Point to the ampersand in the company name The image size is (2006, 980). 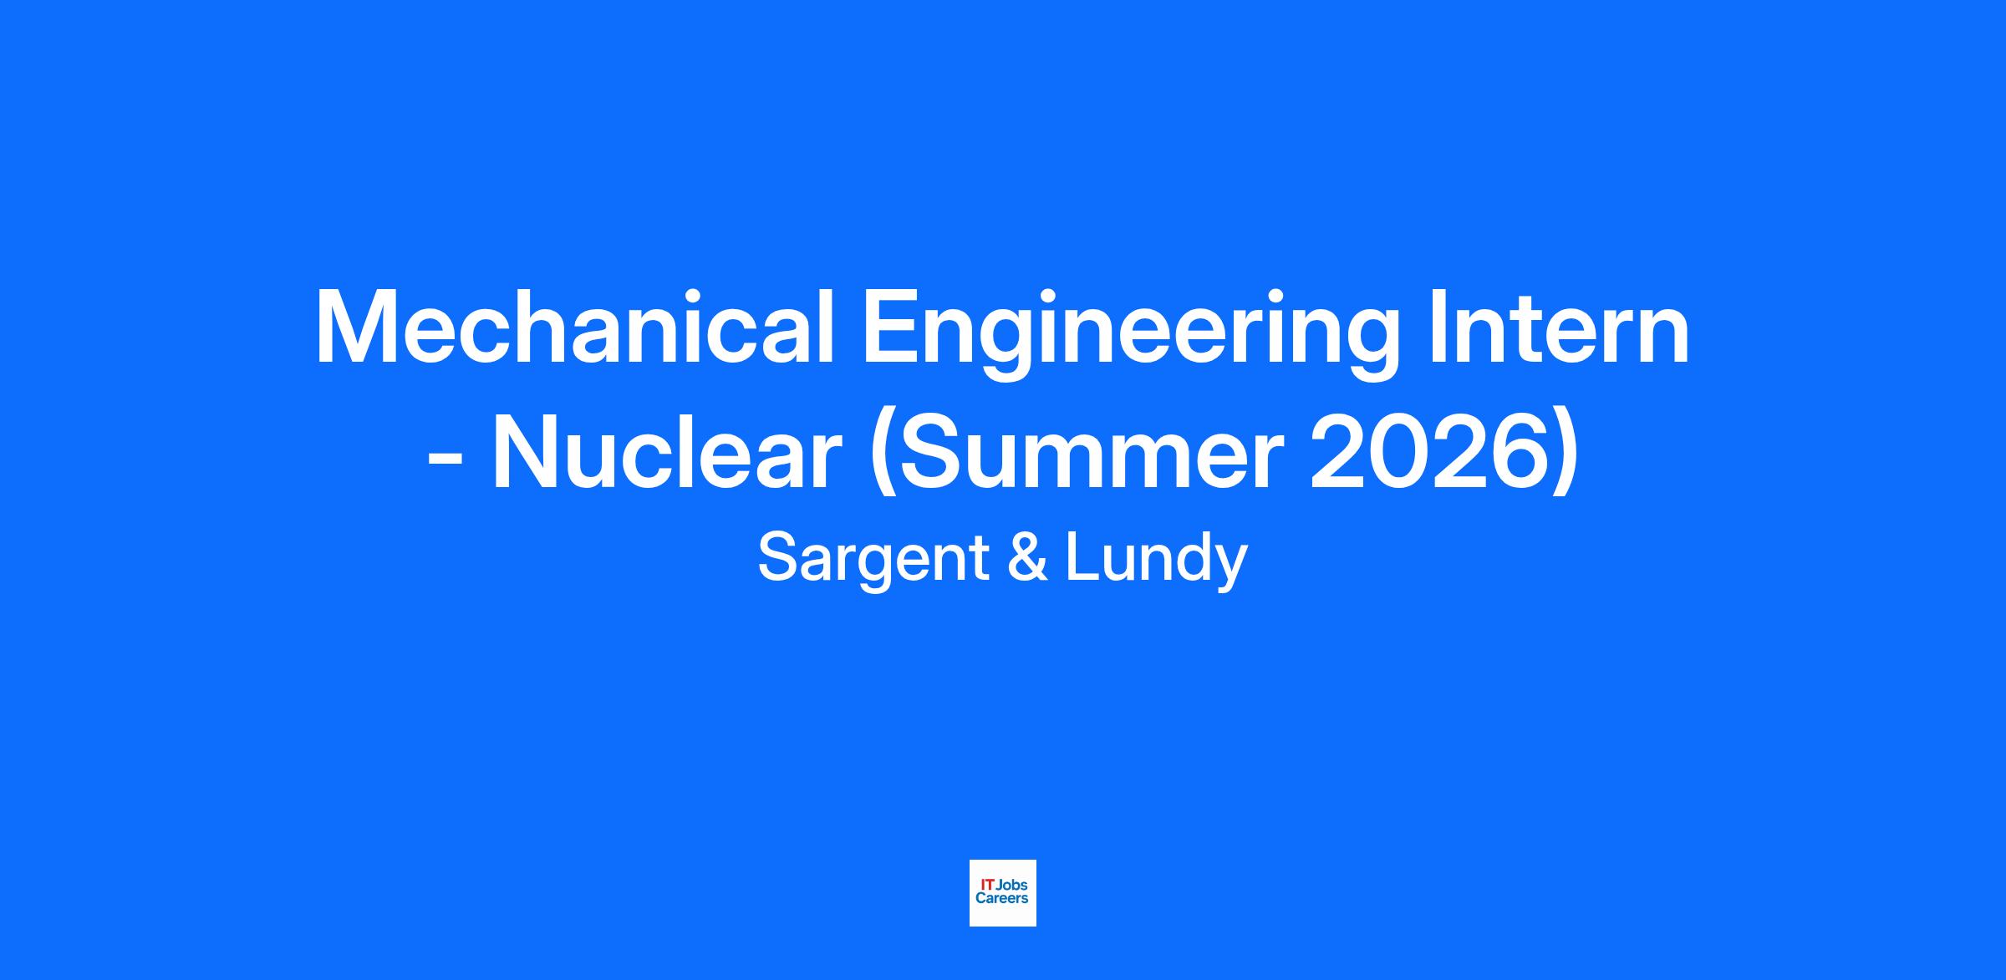click(x=1026, y=557)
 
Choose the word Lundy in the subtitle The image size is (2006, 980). click(x=1156, y=561)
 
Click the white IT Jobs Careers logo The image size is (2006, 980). click(x=1003, y=893)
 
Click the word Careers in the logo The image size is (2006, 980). click(x=1002, y=899)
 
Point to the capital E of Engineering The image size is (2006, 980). click(x=891, y=328)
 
